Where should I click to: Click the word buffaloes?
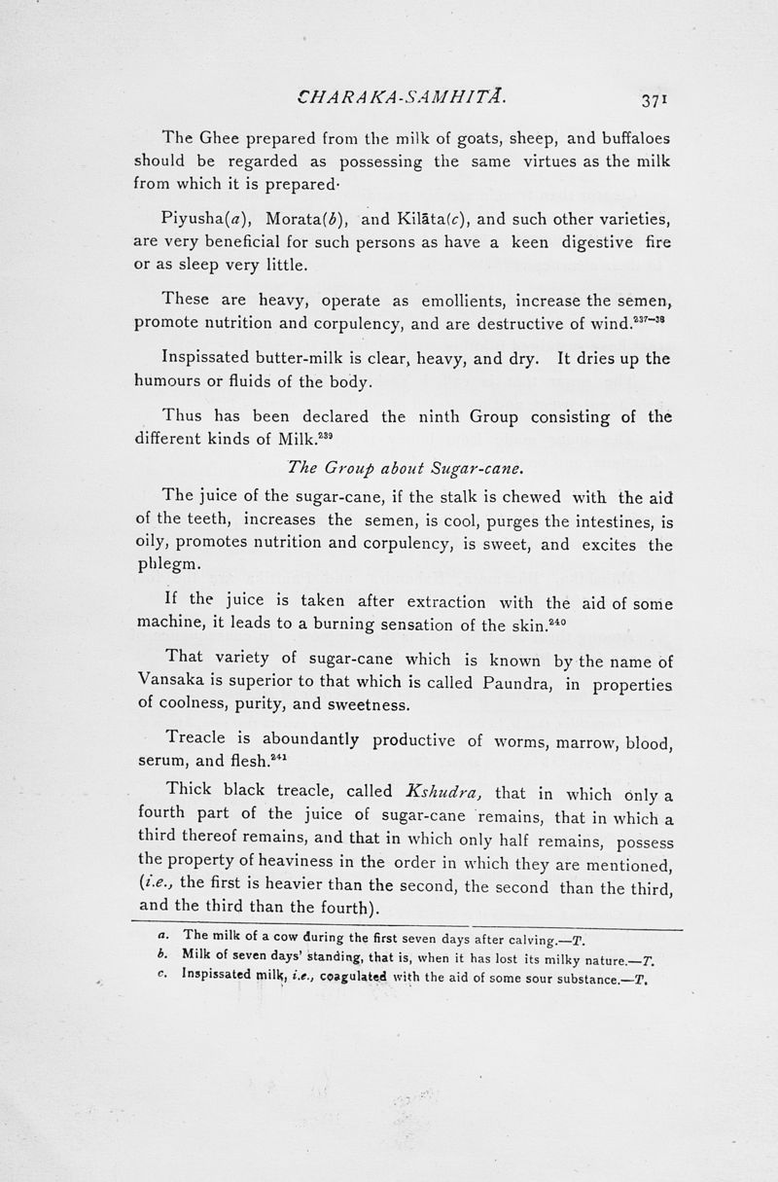tap(620, 137)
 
